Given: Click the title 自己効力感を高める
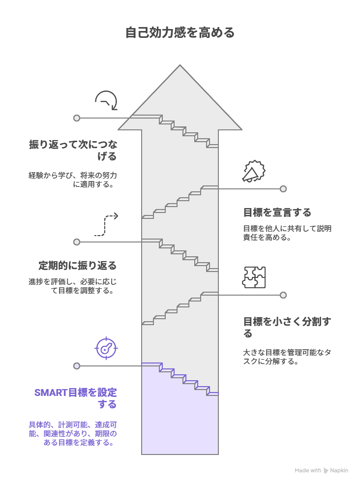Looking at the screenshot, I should point(180,33).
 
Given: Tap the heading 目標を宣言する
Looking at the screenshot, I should point(277,212).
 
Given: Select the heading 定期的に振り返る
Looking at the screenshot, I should point(78,266).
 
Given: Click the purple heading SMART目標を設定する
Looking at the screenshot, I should point(76,398).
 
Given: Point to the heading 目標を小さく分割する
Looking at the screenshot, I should point(287,327).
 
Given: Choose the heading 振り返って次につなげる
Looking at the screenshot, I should point(73,150).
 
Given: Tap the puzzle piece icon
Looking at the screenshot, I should point(254,277).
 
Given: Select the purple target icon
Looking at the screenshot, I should point(106,348).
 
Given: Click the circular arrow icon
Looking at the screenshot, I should point(106,100).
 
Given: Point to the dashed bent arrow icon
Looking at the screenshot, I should point(106,224).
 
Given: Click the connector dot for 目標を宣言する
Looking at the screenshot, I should point(283,189).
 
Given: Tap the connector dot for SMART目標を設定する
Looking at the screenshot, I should point(77,366).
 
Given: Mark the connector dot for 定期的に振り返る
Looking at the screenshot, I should point(77,242).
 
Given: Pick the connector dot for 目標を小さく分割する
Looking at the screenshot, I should point(283,295).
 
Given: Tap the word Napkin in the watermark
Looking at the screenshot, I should point(339,471).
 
